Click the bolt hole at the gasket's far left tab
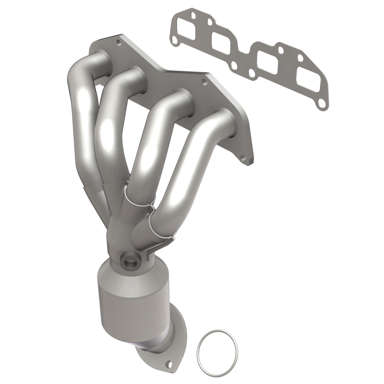175,40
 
